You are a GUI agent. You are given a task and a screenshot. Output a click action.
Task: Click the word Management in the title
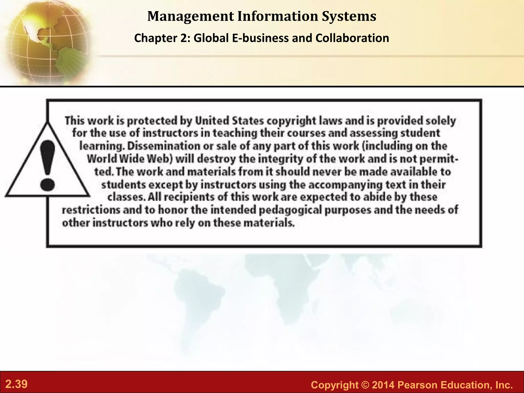point(191,16)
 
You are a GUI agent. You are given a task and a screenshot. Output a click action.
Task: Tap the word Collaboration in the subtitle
point(352,38)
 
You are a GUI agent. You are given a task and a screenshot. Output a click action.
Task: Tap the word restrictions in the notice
point(91,210)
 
